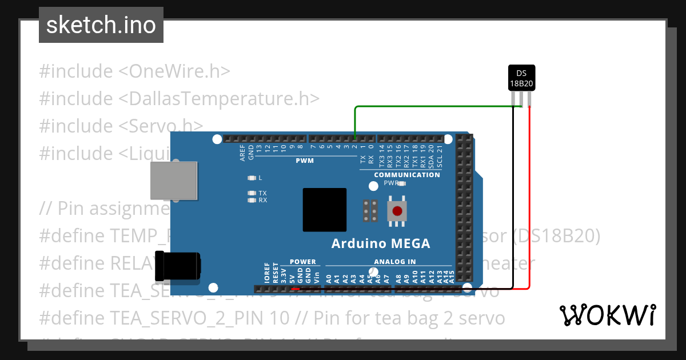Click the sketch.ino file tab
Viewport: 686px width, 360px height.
[101, 25]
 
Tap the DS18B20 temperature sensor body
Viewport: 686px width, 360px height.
[521, 78]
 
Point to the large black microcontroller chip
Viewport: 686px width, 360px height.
[325, 210]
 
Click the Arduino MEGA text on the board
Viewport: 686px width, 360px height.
[381, 244]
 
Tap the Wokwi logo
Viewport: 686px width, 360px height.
[607, 315]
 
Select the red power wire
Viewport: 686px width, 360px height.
[530, 200]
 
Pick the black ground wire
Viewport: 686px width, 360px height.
[513, 200]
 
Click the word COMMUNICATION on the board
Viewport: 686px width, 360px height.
[407, 175]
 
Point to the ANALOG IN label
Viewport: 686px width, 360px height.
[395, 262]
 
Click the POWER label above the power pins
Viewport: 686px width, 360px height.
[302, 262]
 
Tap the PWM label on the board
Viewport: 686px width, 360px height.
[304, 161]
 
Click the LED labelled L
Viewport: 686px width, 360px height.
[251, 178]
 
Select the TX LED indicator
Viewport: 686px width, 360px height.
[251, 193]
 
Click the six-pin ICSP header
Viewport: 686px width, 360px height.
[370, 210]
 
